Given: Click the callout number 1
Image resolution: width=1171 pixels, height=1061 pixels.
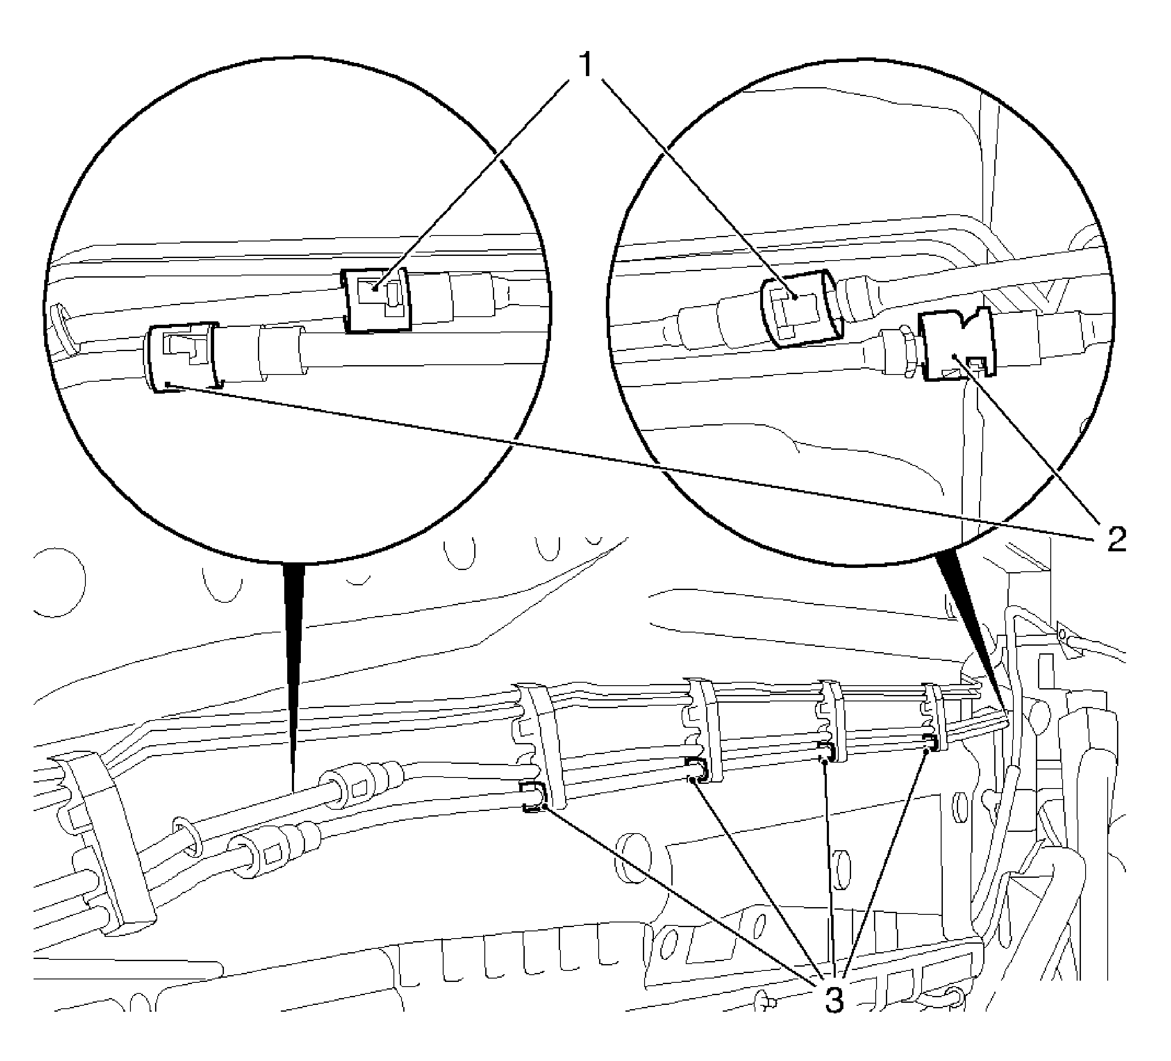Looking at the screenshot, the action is pyautogui.click(x=587, y=65).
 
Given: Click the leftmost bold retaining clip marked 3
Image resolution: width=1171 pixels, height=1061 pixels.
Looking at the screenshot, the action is pyautogui.click(x=533, y=797).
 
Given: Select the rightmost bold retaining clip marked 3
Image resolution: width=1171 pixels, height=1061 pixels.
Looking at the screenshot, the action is pyautogui.click(x=931, y=741).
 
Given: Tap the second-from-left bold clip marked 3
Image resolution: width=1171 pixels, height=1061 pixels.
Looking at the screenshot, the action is pyautogui.click(x=696, y=769).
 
